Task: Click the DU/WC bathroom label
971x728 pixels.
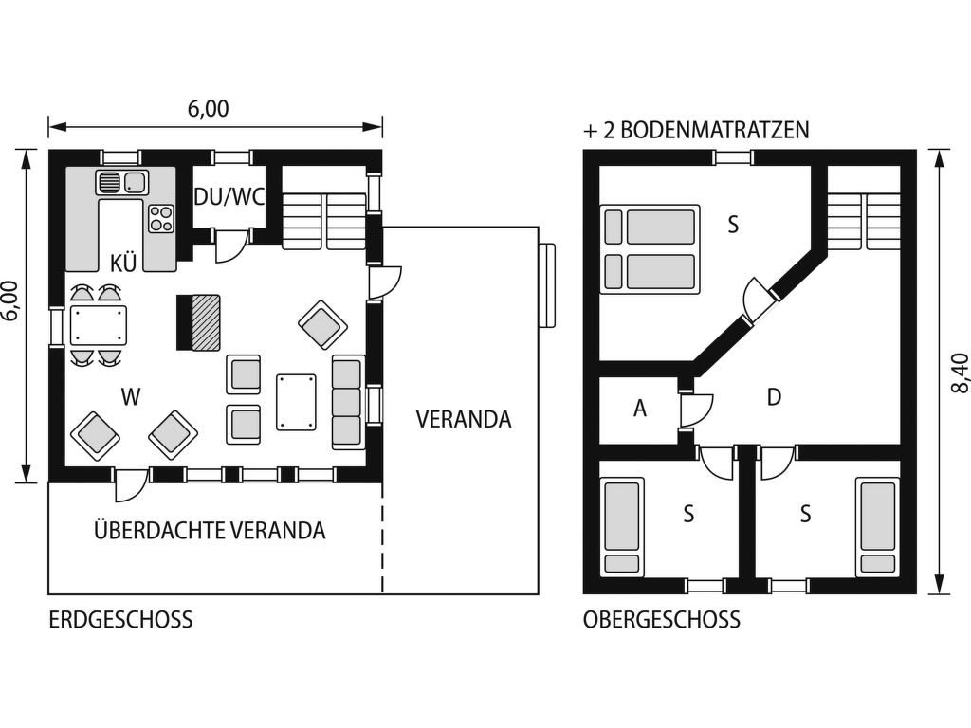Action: coord(229,197)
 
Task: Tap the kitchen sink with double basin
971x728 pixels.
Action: coord(122,182)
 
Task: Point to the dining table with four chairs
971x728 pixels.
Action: coord(99,325)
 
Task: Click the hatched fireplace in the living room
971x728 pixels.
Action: coord(199,322)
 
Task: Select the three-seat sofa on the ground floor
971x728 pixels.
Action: coord(347,402)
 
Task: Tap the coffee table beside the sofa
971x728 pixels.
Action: coord(297,402)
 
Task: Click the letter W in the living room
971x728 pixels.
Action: coord(131,397)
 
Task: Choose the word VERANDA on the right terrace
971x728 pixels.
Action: coord(464,419)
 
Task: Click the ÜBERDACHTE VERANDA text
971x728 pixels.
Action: coord(210,530)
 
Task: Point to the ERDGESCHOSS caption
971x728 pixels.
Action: coord(120,620)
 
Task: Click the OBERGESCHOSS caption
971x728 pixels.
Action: coord(661,620)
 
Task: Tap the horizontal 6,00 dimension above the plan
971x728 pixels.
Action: coord(209,109)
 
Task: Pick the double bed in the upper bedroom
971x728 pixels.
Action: coord(650,249)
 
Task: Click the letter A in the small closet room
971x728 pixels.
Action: coord(640,409)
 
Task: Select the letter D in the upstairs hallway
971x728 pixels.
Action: coord(774,397)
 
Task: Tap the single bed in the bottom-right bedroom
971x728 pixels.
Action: coord(877,526)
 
